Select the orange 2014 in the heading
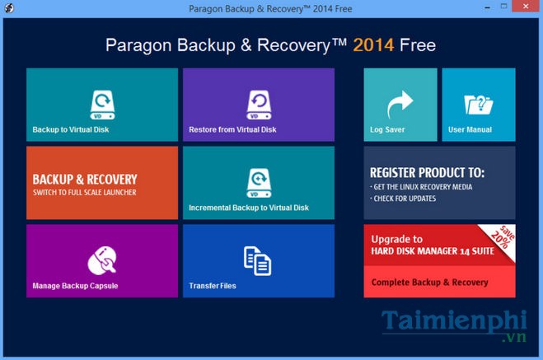coord(372,44)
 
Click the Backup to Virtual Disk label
coord(71,129)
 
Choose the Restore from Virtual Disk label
coord(232,129)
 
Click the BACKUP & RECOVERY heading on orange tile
coord(84,179)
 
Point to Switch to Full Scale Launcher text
coord(84,193)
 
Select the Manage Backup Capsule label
coord(75,286)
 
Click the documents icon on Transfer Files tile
coord(258,260)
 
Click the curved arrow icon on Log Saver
coord(400,105)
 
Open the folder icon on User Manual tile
coord(479,105)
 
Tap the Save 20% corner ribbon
coord(499,240)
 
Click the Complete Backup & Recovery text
coord(430,283)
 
